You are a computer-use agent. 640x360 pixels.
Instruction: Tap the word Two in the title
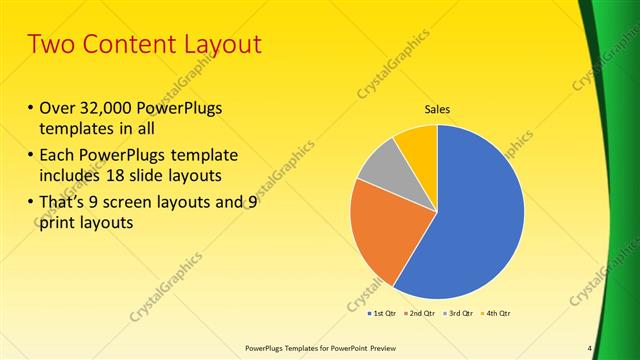coord(49,45)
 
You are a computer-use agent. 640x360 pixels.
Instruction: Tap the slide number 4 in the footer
coord(590,348)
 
